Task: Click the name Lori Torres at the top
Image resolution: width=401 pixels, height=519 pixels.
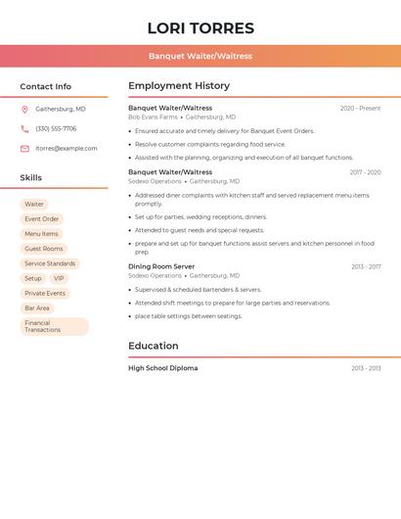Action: point(200,28)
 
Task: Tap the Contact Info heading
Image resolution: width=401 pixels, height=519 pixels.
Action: point(46,86)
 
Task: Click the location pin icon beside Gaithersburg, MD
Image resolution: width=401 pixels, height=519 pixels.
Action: point(24,110)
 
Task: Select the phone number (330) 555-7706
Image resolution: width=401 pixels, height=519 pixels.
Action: point(56,128)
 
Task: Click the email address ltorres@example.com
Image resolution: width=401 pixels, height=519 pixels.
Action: point(67,148)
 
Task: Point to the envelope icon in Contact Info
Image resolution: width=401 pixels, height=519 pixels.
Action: point(24,148)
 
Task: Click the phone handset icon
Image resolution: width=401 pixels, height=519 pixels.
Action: point(24,128)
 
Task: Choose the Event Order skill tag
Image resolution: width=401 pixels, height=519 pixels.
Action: point(42,219)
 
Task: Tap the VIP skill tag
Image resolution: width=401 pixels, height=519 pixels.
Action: point(59,278)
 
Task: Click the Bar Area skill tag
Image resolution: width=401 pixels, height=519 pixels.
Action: point(37,307)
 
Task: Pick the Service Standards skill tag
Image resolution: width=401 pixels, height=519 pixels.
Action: point(50,263)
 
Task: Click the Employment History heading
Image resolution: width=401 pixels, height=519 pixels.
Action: point(179,86)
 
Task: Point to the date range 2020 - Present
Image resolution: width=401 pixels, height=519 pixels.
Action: point(360,108)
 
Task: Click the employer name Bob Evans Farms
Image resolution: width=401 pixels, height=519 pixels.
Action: point(153,117)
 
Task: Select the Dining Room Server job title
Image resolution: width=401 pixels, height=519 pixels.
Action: point(161,266)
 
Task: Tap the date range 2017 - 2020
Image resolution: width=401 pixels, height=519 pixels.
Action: point(365,172)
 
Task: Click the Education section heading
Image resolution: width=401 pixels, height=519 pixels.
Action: point(154,346)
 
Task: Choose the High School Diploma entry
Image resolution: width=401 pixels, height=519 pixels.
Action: point(162,368)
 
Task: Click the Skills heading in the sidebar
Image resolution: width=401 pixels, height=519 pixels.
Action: point(31,178)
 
